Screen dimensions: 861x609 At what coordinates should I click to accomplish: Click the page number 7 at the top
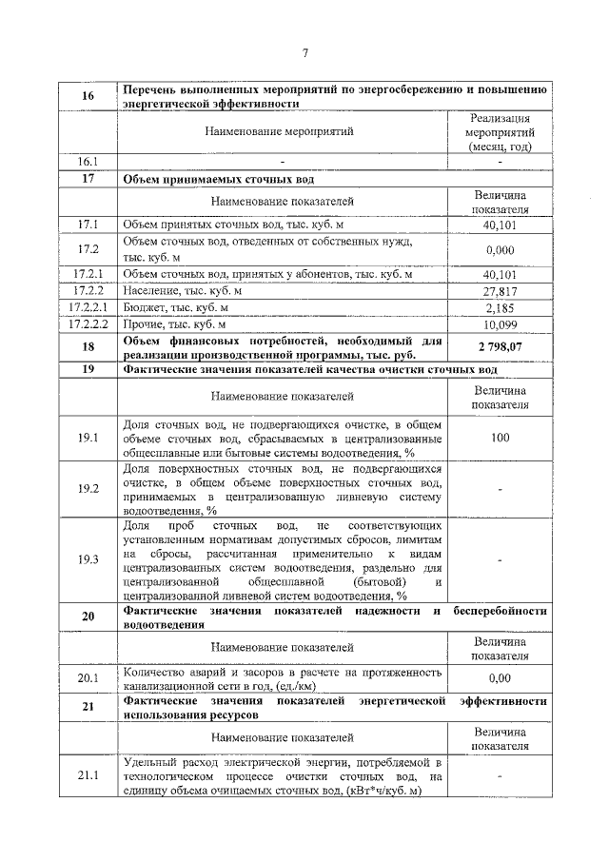pos(304,52)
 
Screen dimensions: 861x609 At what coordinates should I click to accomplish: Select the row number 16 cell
pos(88,97)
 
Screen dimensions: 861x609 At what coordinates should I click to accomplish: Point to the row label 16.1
pos(88,161)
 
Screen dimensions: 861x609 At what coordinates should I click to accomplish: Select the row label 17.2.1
pos(88,275)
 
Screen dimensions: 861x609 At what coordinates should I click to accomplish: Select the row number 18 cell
pos(88,348)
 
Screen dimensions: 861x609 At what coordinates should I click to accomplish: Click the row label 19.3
pos(88,558)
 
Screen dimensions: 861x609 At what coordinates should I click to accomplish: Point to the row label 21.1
pos(88,776)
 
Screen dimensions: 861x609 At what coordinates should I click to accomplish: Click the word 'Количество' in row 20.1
pos(154,672)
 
